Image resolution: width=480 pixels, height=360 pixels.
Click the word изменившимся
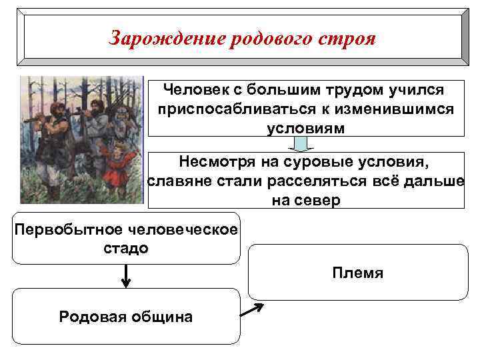(x=385, y=109)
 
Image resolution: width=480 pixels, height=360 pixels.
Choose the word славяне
(x=176, y=181)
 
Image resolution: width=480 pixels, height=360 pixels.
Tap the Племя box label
(x=358, y=273)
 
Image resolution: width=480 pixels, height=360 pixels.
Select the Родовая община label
(x=126, y=317)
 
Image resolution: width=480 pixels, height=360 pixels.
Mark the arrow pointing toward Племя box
(x=251, y=309)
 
